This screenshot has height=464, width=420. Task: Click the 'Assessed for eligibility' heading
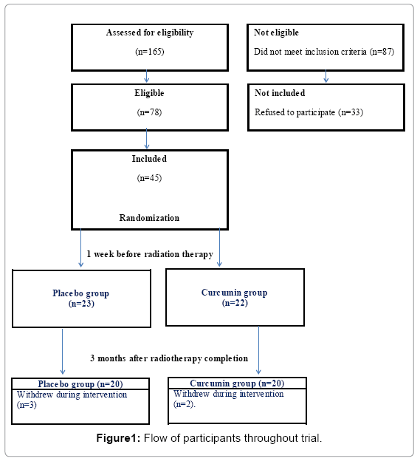[x=150, y=33]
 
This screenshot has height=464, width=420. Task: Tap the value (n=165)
[x=150, y=52]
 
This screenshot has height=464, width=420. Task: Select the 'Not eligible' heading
[x=276, y=33]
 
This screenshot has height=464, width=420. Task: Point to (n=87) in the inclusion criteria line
[x=382, y=52]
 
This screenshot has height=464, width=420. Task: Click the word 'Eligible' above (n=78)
[x=149, y=93]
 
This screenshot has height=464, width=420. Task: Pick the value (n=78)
[x=150, y=112]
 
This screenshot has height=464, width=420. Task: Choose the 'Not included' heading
[x=280, y=93]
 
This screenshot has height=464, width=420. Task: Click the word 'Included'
[x=149, y=159]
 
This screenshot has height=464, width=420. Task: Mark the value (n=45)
[x=150, y=178]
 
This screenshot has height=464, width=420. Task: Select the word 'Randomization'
[x=149, y=218]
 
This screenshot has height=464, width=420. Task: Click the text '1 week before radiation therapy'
[x=150, y=254]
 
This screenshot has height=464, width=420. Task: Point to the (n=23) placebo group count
[x=81, y=304]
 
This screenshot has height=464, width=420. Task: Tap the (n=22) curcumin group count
[x=235, y=303]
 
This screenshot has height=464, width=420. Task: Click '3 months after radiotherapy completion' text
[x=169, y=358]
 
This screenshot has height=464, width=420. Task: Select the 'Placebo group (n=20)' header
[x=80, y=384]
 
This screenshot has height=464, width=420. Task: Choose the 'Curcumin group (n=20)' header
[x=237, y=383]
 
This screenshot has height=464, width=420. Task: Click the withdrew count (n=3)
[x=27, y=405]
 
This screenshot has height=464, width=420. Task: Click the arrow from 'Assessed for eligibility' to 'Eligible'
[x=147, y=76]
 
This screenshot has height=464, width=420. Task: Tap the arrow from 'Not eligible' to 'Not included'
[x=326, y=76]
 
